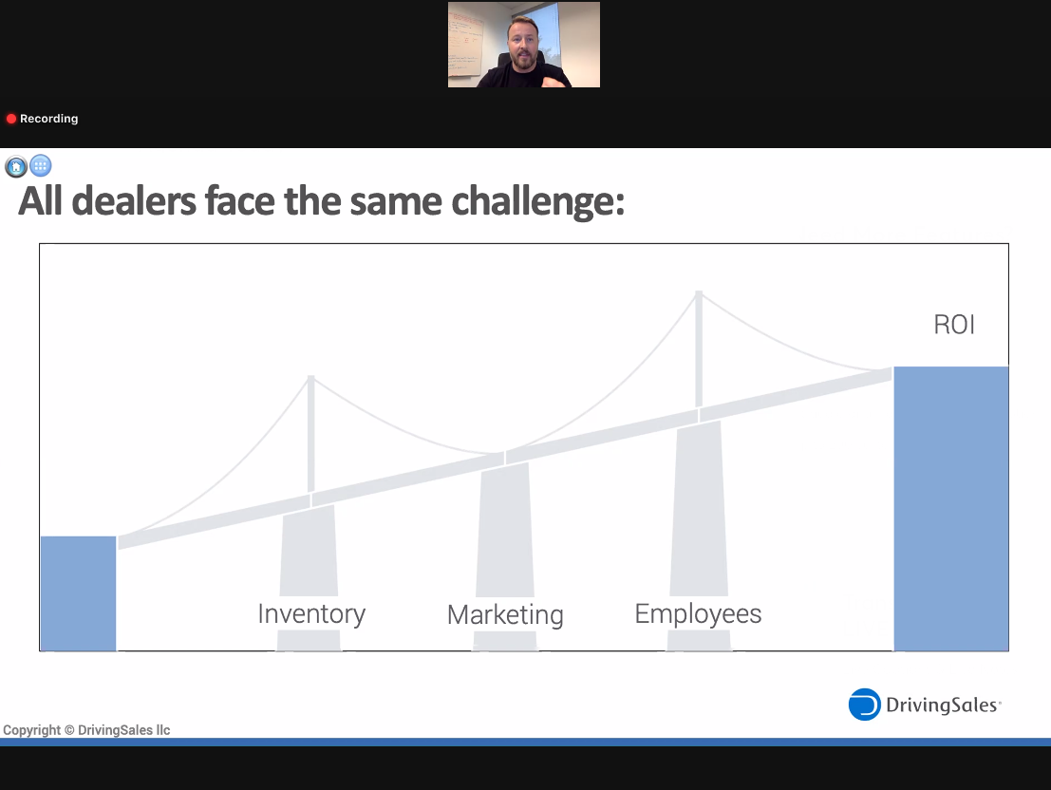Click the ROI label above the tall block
click(954, 325)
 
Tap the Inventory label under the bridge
click(311, 614)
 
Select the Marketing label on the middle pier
click(505, 614)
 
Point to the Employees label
click(698, 614)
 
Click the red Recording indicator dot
click(11, 119)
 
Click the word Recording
click(49, 119)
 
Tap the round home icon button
click(16, 165)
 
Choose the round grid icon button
click(40, 165)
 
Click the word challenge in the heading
click(537, 201)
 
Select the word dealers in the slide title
click(134, 201)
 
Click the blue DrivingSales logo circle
click(865, 705)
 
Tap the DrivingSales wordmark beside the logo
click(943, 705)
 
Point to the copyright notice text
click(86, 729)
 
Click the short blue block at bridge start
click(79, 593)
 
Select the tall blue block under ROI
click(951, 508)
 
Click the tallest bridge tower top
click(699, 293)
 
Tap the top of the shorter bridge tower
click(311, 378)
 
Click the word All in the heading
click(40, 201)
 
